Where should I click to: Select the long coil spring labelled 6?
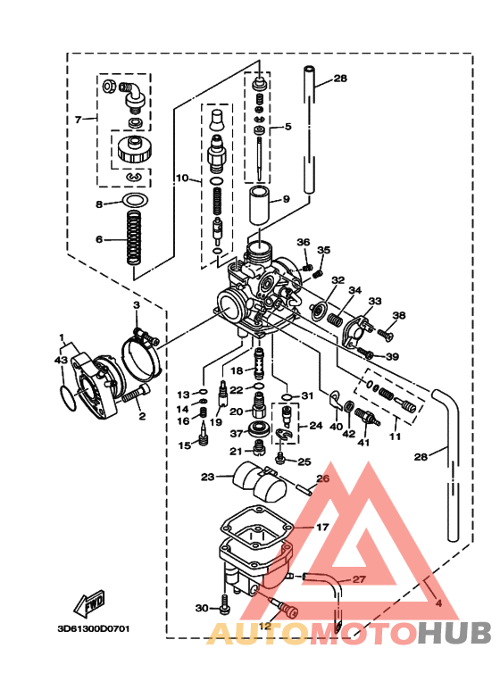[x=132, y=239]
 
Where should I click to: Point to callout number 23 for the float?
[x=208, y=478]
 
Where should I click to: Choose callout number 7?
[x=79, y=119]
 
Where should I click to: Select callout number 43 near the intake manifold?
[x=61, y=359]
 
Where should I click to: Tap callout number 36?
[x=303, y=242]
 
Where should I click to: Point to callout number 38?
[x=398, y=315]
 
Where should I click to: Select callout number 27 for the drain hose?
[x=358, y=579]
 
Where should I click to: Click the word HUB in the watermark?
[x=455, y=633]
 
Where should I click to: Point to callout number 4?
[x=438, y=603]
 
